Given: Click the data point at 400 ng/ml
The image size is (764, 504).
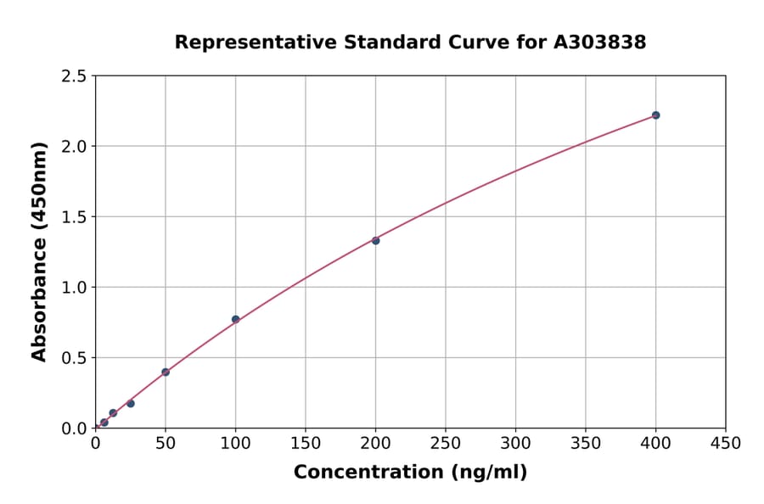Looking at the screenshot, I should (655, 115).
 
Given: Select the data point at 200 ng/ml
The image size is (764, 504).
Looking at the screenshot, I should (375, 240).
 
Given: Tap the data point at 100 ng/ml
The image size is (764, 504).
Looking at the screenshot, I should (235, 319).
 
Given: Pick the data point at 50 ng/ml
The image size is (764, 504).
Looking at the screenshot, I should (166, 372).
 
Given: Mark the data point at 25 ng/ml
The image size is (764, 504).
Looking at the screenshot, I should (131, 403).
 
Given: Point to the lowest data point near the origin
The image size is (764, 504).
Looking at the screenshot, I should (104, 423).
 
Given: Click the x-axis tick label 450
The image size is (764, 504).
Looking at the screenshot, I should (725, 444).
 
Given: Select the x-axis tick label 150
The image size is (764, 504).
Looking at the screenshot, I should (306, 444).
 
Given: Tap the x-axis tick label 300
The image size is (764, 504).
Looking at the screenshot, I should (515, 444).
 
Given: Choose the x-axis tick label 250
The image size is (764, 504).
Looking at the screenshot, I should (446, 444).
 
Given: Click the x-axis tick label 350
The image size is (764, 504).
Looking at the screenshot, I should (586, 444).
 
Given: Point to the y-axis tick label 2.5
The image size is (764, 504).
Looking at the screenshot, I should (74, 76).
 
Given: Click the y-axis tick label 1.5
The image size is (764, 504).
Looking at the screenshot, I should (74, 217).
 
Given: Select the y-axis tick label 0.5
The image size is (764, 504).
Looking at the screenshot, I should (74, 358).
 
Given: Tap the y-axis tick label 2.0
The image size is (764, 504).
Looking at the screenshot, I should (74, 147).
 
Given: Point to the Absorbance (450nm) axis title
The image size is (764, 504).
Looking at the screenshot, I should (39, 252).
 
